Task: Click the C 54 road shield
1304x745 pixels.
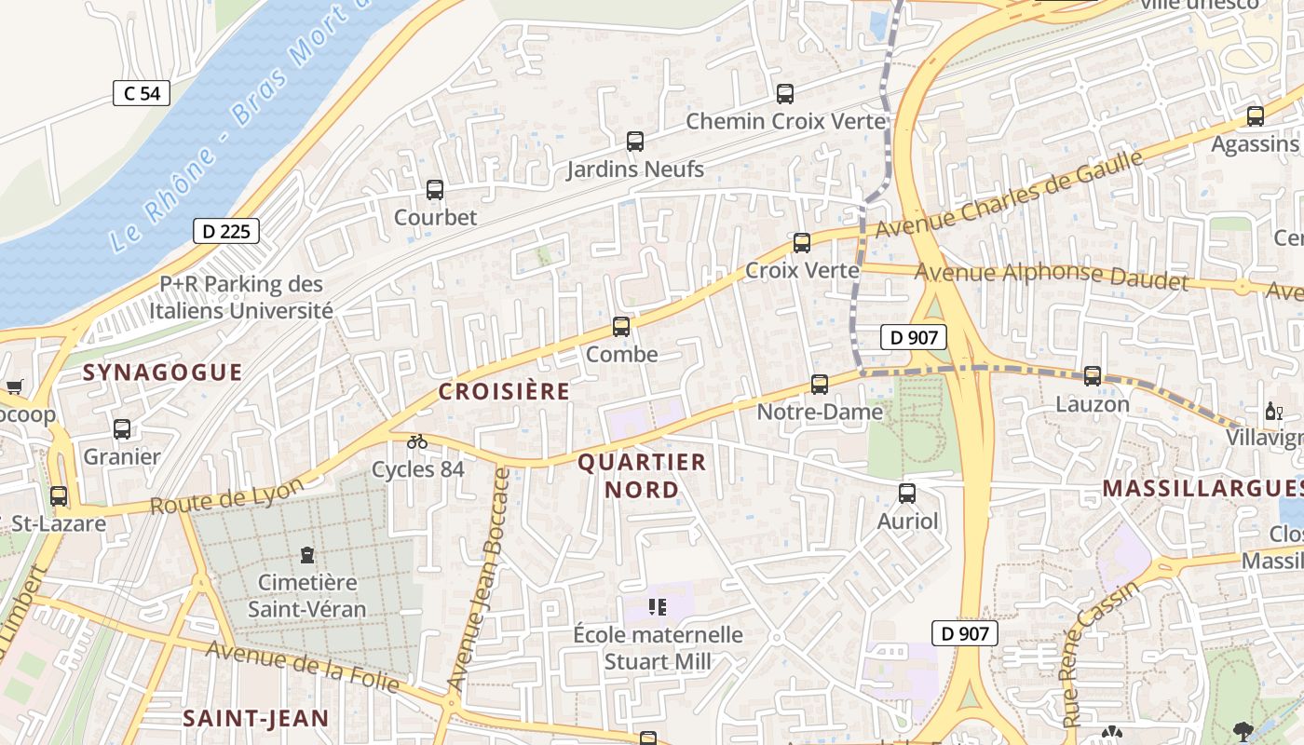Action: tap(142, 93)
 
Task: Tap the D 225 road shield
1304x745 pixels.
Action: tap(226, 231)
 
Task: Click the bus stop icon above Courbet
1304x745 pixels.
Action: tap(435, 190)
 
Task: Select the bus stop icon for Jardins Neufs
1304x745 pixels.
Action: tap(635, 142)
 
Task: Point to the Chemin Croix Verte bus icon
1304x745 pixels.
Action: tap(785, 94)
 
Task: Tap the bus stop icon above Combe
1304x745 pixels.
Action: tap(621, 327)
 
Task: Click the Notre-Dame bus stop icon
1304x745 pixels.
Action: tap(820, 384)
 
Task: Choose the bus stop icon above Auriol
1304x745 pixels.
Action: tap(907, 494)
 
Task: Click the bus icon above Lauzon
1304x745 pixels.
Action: tap(1093, 376)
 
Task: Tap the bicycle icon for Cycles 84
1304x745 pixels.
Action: tap(417, 441)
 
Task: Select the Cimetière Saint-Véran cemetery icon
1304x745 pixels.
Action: tap(306, 556)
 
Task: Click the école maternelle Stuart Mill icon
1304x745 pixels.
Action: tap(658, 608)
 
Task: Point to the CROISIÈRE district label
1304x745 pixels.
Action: tap(504, 391)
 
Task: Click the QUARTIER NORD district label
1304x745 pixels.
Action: tap(643, 475)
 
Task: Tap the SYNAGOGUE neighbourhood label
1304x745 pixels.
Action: tap(163, 372)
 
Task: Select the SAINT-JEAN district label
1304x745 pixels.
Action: tap(255, 718)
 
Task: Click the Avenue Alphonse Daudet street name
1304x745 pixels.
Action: tap(1052, 277)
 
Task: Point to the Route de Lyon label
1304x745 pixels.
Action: tap(227, 497)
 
